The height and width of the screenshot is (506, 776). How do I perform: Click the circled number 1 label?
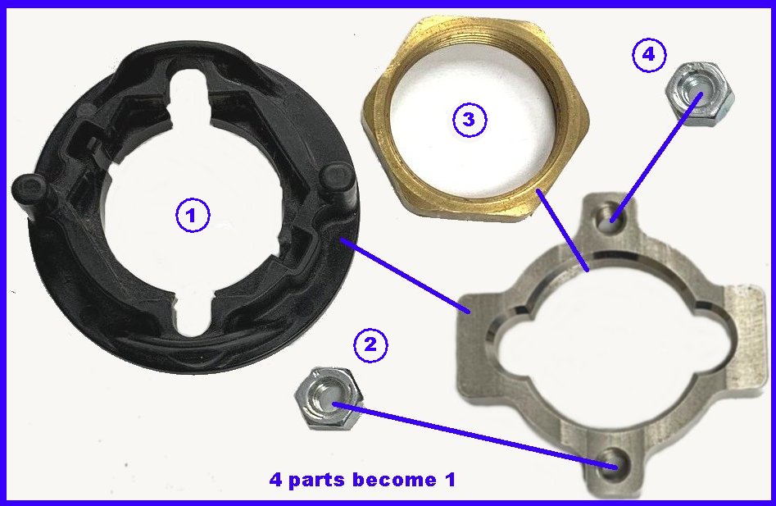[193, 215]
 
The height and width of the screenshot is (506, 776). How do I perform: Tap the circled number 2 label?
[370, 344]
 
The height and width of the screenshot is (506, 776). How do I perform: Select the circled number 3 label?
[470, 120]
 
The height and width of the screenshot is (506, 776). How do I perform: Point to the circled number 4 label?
[649, 54]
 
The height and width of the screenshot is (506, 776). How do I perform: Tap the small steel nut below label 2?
[328, 398]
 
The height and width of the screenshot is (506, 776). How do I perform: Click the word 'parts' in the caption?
[313, 480]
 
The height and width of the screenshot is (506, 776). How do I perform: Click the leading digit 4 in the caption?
[276, 479]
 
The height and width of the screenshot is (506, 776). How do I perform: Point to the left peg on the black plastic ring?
[29, 193]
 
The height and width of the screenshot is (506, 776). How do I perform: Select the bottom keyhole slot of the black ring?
[193, 319]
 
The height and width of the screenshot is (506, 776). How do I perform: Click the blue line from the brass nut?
[563, 230]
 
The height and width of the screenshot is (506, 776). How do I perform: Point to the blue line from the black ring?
[405, 276]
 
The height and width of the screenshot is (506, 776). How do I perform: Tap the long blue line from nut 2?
[475, 435]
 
